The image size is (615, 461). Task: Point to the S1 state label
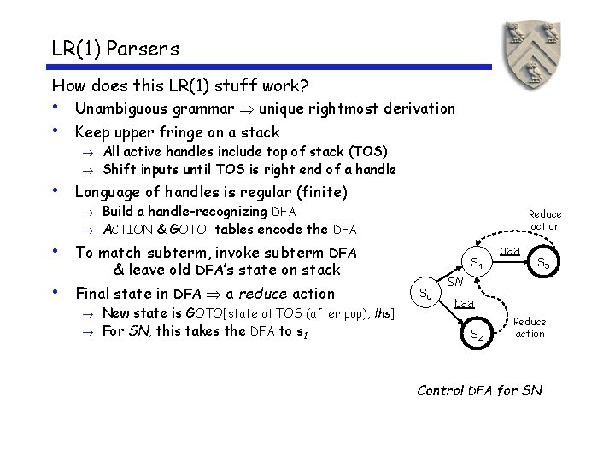pos(477,265)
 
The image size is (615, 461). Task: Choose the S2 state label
pos(477,336)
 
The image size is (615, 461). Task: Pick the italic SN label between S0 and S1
pos(455,281)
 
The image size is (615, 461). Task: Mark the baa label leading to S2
pos(466,302)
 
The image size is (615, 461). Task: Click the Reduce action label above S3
pos(545,220)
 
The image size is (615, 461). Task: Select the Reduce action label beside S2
pos(530,328)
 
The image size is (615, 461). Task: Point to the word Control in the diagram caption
pos(440,391)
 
